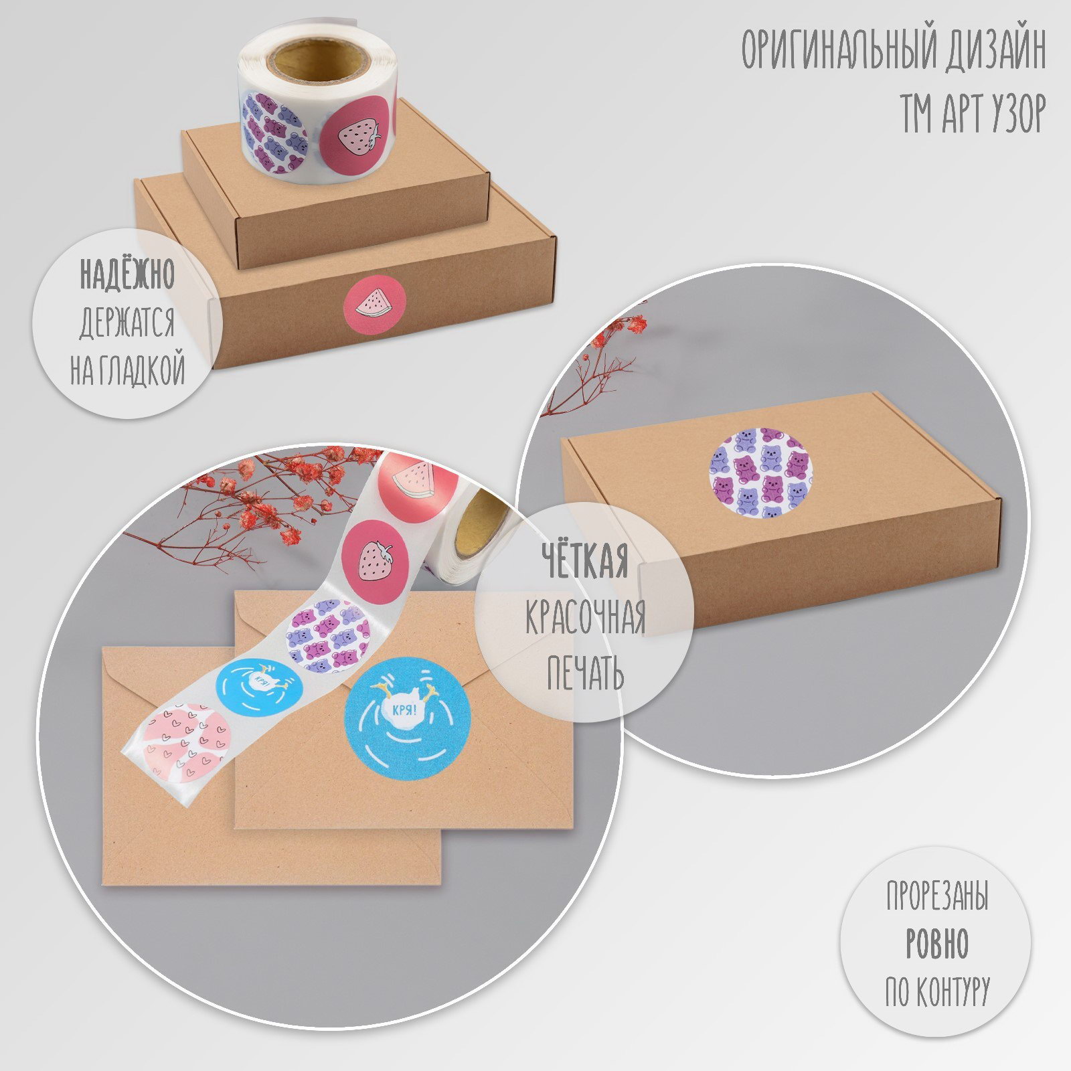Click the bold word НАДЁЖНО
(127, 274)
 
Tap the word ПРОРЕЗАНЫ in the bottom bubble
(937, 897)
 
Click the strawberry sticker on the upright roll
(357, 137)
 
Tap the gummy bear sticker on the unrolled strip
(328, 636)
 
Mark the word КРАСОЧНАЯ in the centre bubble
(585, 619)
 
